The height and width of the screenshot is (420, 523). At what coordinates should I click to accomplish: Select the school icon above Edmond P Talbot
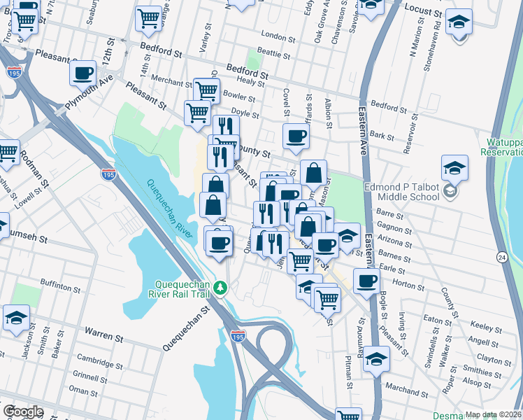(454, 169)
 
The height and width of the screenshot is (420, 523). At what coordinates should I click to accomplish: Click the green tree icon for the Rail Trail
(220, 288)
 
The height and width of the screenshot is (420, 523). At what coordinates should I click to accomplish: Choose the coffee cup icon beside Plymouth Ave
(83, 72)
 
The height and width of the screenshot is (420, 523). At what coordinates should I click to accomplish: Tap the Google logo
(22, 412)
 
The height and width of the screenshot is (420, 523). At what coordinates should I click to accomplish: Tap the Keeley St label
(482, 326)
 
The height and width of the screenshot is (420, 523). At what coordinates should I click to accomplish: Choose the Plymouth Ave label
(89, 91)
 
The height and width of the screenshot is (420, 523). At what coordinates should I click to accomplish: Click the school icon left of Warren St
(16, 318)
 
